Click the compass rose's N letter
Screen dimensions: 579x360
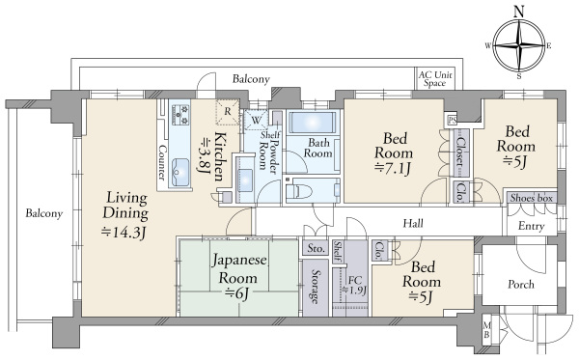519,12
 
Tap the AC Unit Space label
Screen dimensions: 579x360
435,79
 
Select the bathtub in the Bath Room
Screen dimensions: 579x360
312,123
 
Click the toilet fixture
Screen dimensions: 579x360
298,191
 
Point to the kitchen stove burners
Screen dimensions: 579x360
180,114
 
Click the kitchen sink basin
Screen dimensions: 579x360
180,172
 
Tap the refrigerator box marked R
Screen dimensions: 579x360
228,111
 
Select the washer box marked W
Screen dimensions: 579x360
256,120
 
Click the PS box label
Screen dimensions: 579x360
452,121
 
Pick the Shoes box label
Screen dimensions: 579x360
532,198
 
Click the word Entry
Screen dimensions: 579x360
532,226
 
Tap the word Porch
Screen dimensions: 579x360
521,284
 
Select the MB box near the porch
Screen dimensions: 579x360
486,330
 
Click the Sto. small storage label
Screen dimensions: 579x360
316,248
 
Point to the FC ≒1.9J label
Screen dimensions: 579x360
354,285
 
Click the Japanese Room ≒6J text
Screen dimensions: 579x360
238,277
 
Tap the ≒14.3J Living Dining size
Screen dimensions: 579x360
124,233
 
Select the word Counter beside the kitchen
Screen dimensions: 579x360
162,162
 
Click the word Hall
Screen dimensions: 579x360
413,223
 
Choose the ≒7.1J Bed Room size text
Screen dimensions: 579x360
393,168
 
